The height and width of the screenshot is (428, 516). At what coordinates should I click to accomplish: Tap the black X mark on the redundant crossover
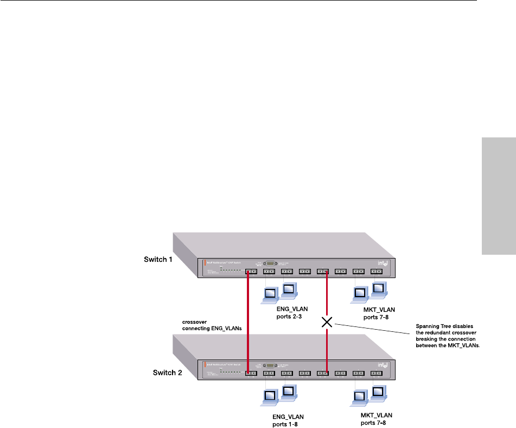pyautogui.click(x=327, y=322)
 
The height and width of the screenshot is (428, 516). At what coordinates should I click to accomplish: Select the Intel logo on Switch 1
pyautogui.click(x=383, y=263)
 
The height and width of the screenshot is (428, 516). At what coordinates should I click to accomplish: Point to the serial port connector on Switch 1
pyautogui.click(x=270, y=263)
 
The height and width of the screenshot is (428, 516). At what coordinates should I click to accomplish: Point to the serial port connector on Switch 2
pyautogui.click(x=270, y=364)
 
